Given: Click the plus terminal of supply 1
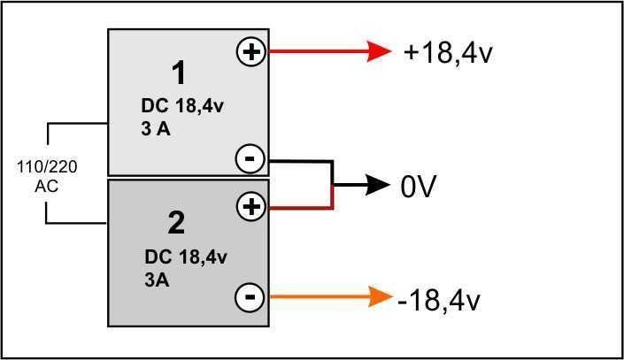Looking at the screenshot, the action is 251,51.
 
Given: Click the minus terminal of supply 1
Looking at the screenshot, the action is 250,159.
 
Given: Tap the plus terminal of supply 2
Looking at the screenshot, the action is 251,206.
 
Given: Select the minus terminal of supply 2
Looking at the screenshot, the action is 250,297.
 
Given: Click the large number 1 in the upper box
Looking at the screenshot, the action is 179,73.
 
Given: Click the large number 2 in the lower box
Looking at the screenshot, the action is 176,223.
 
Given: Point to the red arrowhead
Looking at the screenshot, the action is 379,51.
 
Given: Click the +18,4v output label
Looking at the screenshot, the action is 448,52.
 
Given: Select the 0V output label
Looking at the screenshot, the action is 419,186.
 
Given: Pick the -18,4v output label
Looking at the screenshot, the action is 439,300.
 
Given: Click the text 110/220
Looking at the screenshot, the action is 47,166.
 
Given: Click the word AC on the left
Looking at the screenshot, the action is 47,186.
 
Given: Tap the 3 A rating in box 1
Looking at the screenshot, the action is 156,129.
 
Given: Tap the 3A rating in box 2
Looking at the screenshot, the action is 157,280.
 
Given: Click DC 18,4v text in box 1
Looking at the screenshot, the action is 182,106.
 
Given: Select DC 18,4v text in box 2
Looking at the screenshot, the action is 186,257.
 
